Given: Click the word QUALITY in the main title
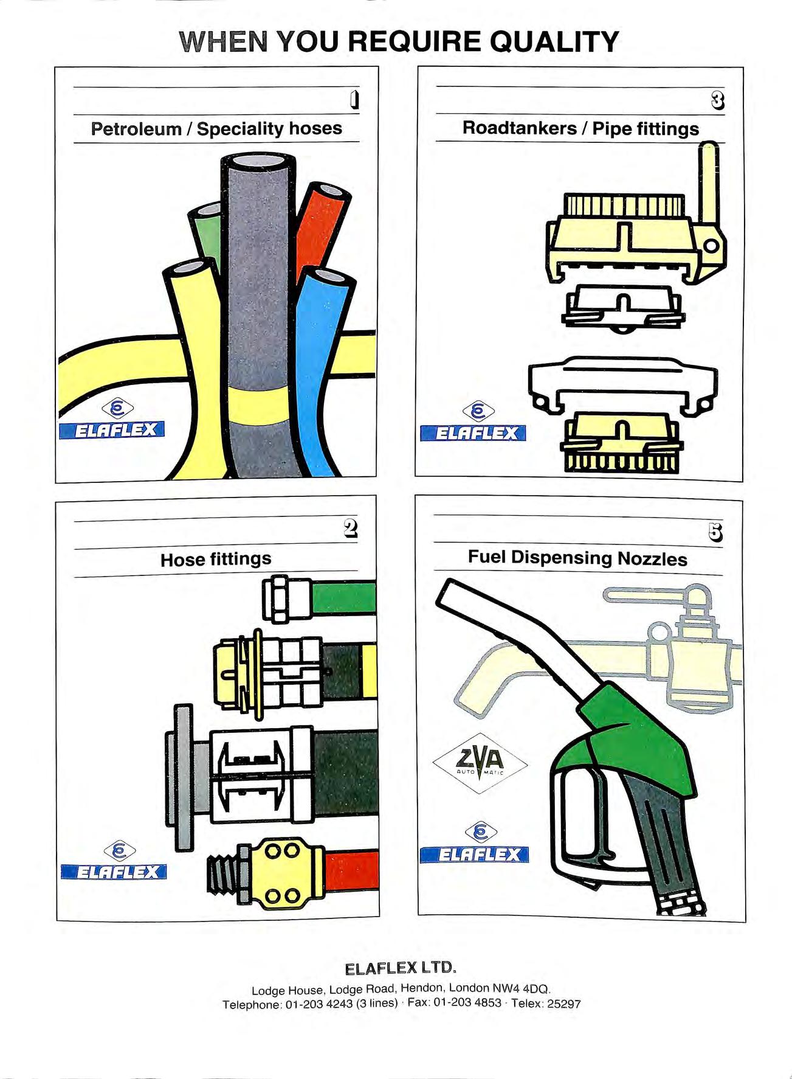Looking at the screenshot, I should click(x=554, y=42).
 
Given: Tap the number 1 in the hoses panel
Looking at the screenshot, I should click(x=354, y=100).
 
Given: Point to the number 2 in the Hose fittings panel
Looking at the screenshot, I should click(x=350, y=529).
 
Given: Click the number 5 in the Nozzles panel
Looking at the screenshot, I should click(x=716, y=532).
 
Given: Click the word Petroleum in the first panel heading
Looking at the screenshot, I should click(x=136, y=129).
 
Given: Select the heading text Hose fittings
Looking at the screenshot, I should click(x=216, y=559).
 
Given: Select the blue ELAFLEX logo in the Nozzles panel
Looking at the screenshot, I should click(x=474, y=854).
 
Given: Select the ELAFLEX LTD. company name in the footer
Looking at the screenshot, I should click(x=400, y=968).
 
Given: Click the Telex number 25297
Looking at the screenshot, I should click(x=564, y=1004).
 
